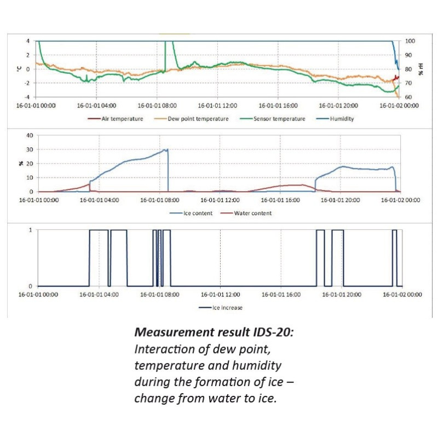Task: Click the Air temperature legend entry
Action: (122, 119)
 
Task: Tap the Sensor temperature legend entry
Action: (279, 119)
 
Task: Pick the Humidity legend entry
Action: (342, 119)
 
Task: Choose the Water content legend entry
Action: (252, 213)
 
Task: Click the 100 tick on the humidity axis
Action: (410, 41)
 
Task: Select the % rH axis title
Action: (421, 69)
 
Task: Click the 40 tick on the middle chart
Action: (30, 135)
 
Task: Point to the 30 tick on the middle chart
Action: (30, 149)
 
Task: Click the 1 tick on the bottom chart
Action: (30, 230)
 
